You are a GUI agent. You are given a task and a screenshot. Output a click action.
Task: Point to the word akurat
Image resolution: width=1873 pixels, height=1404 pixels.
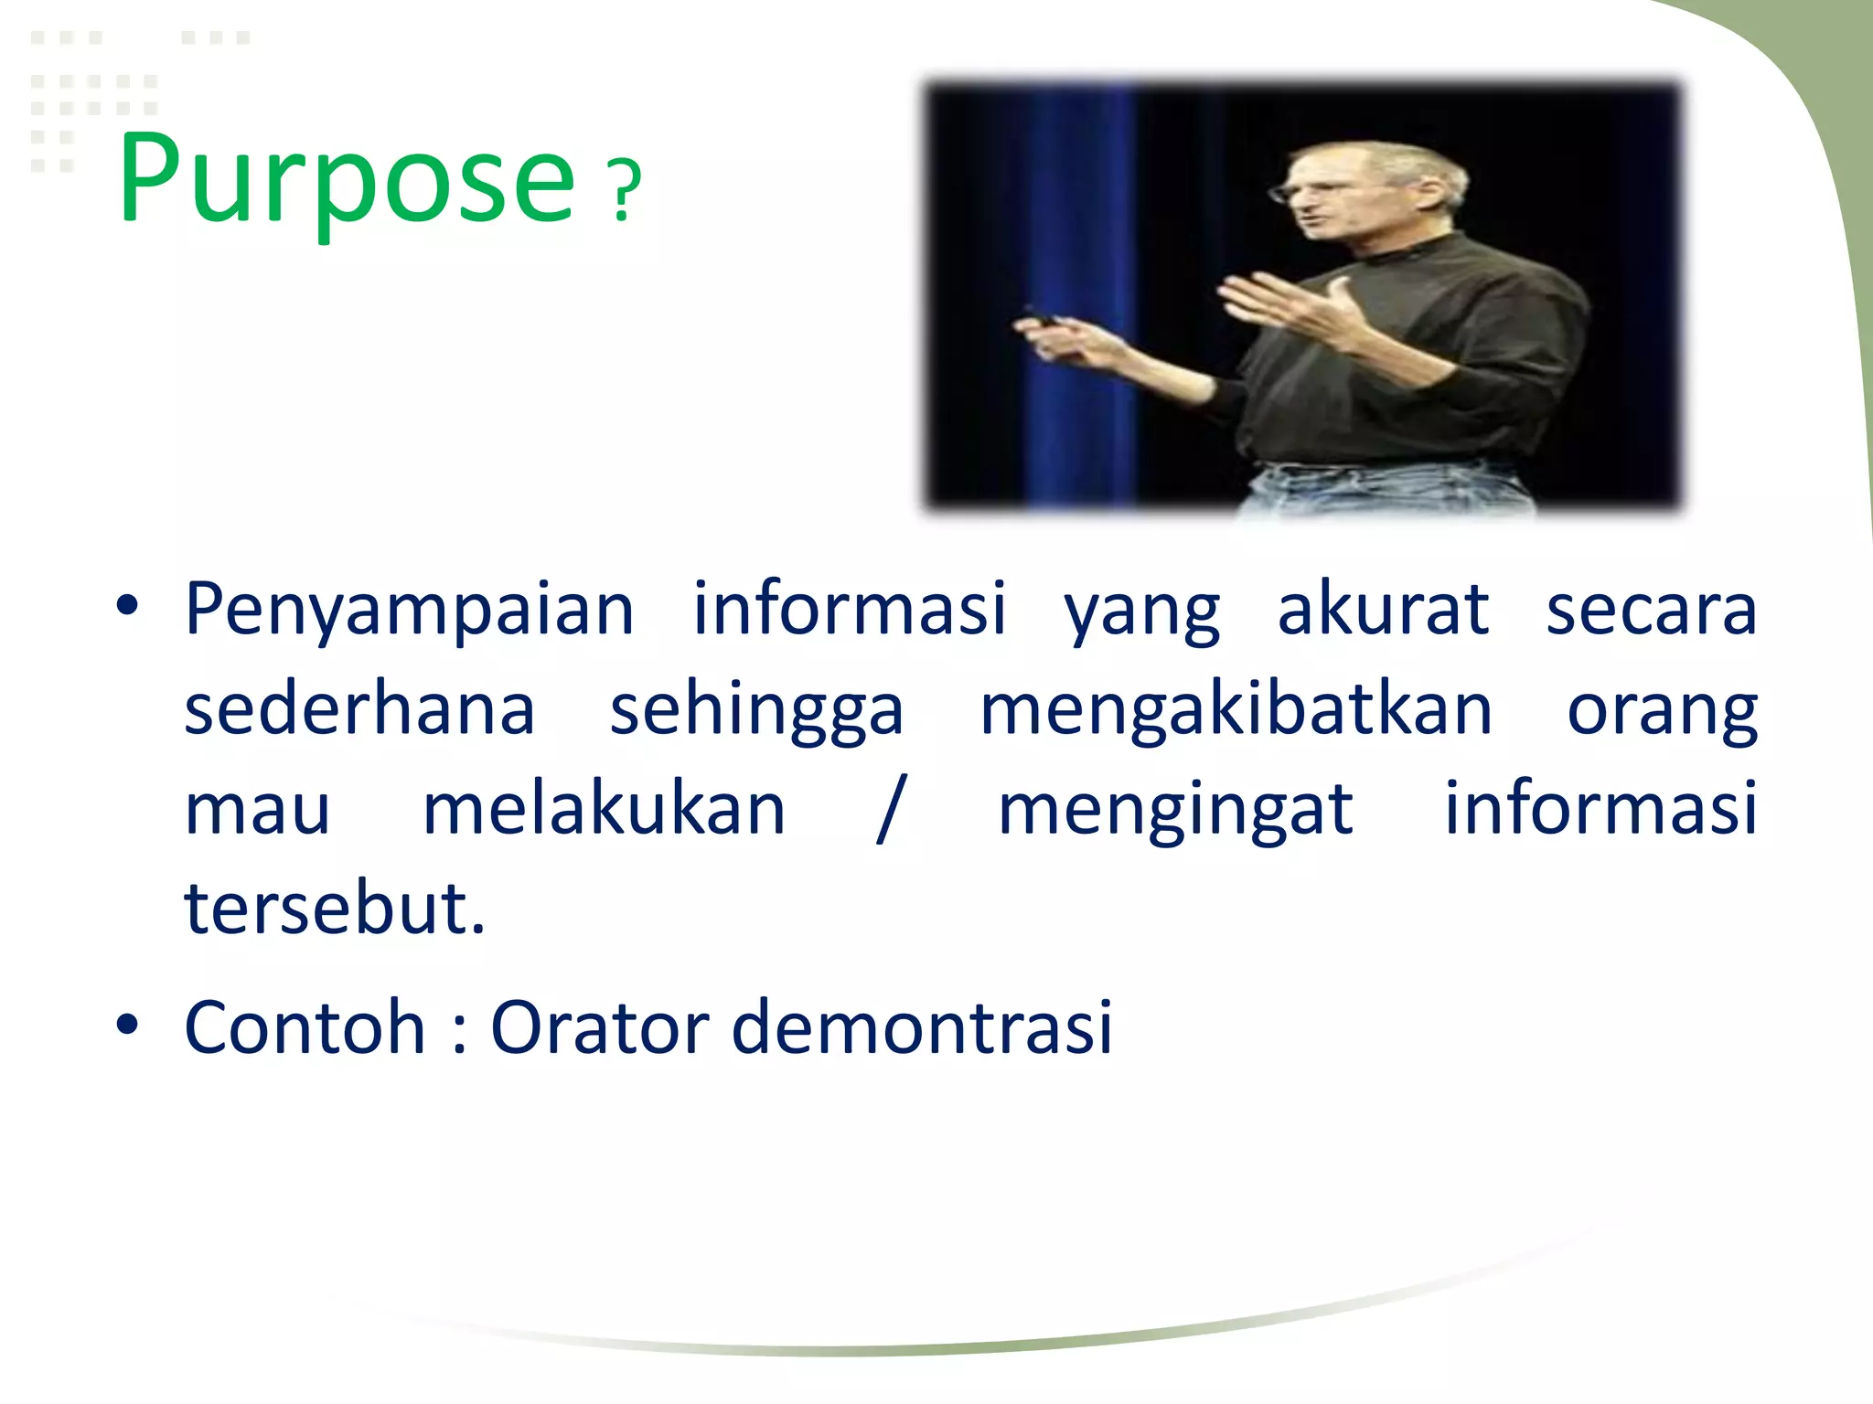1382,610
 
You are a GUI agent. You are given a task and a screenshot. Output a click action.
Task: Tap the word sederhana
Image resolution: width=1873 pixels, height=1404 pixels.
359,710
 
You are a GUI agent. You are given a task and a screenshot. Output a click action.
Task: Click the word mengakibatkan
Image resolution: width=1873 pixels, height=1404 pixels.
1236,710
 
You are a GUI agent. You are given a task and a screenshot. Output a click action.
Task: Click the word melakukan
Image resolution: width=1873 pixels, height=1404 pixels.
604,810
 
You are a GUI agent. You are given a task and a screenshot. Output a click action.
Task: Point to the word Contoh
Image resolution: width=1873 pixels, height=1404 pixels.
305,1027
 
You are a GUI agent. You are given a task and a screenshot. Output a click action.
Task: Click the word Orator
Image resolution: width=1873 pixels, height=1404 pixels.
600,1027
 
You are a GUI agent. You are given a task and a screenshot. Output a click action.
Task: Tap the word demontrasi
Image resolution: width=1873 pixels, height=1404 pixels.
922,1027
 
